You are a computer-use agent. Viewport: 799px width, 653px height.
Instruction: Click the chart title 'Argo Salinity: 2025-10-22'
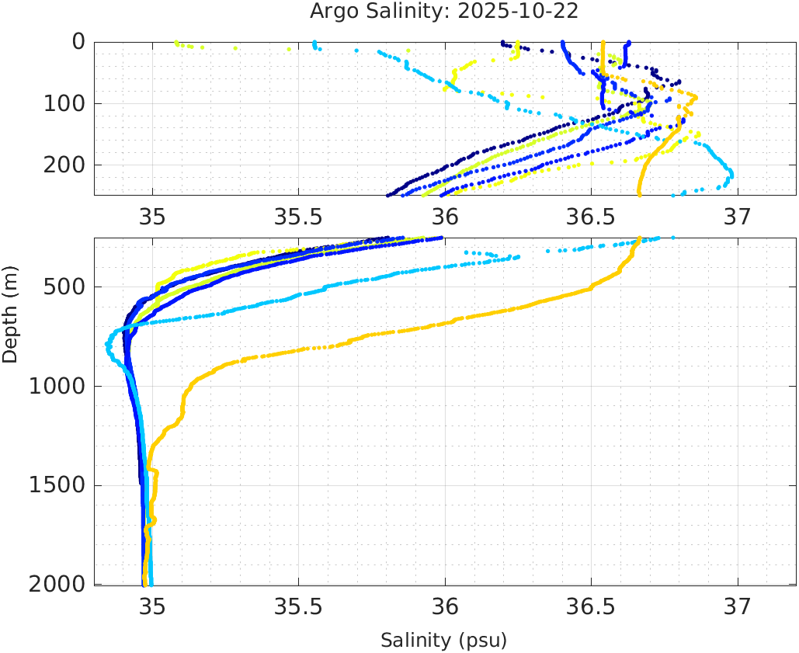coord(444,12)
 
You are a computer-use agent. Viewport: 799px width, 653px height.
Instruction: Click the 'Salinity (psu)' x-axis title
coord(443,641)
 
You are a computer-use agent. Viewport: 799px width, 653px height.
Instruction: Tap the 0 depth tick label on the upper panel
coord(78,42)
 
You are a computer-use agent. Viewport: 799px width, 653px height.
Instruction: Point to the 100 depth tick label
coord(63,103)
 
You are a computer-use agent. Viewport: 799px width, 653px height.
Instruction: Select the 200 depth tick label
coord(63,165)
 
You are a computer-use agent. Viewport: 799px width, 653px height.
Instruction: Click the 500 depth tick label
coord(63,287)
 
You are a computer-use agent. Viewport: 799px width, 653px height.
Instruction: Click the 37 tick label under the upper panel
coord(738,215)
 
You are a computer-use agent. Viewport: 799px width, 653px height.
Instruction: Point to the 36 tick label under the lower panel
coord(445,606)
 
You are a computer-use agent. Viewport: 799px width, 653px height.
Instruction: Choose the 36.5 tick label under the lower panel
coord(591,606)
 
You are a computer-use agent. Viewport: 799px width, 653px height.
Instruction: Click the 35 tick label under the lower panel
coord(152,606)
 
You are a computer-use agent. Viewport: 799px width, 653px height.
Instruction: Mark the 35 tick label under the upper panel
coord(152,215)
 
